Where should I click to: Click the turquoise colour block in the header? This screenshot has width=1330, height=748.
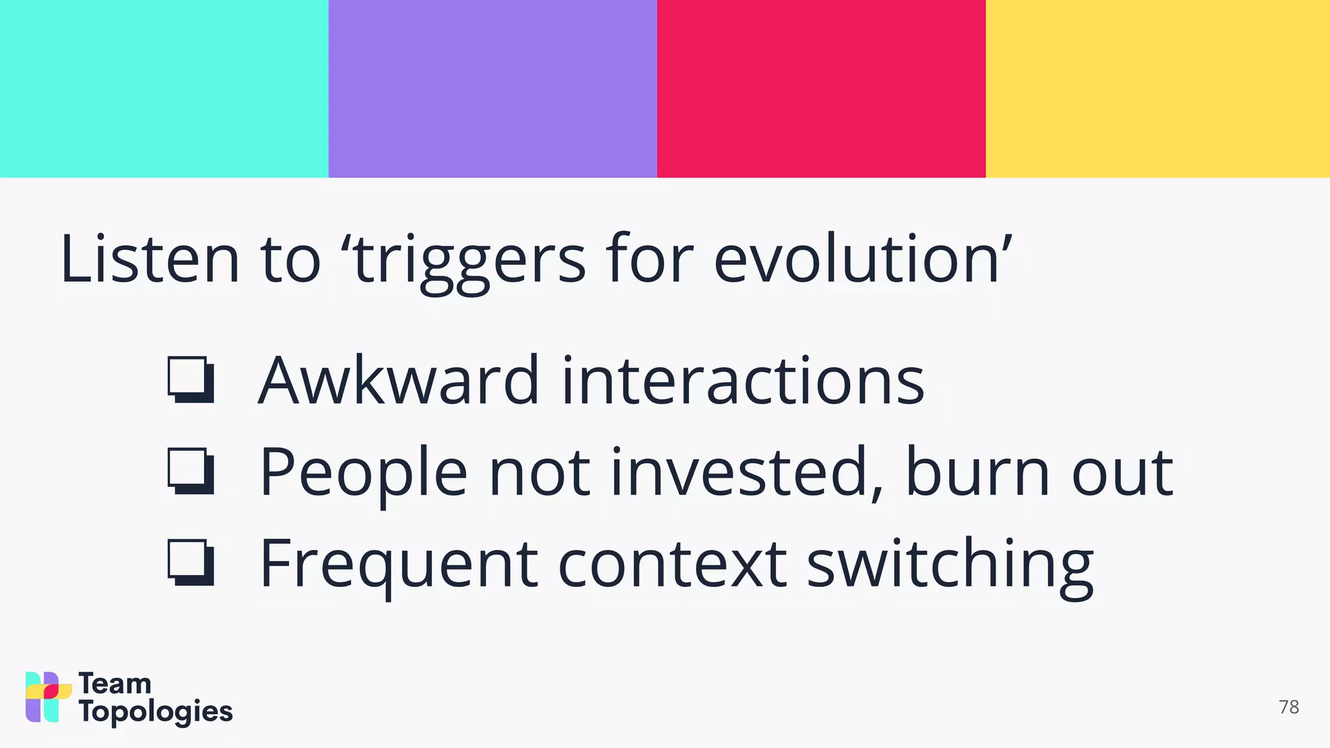tap(164, 88)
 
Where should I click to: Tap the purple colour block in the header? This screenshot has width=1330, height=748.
tap(492, 88)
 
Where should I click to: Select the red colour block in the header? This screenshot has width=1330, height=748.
tap(821, 88)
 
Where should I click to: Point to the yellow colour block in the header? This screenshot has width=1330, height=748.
tap(1157, 88)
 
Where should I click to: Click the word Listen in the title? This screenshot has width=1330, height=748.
tap(150, 260)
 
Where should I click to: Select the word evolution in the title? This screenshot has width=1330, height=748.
tap(857, 260)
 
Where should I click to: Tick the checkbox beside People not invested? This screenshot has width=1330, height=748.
tap(190, 470)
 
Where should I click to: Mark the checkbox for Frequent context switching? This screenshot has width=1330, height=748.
tap(190, 562)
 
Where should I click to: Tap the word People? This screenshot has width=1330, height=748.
tap(363, 473)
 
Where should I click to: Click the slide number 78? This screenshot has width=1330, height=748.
tap(1288, 707)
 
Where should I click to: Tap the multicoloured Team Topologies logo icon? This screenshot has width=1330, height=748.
tap(48, 697)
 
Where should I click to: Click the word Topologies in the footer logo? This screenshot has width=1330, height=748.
tap(155, 712)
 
